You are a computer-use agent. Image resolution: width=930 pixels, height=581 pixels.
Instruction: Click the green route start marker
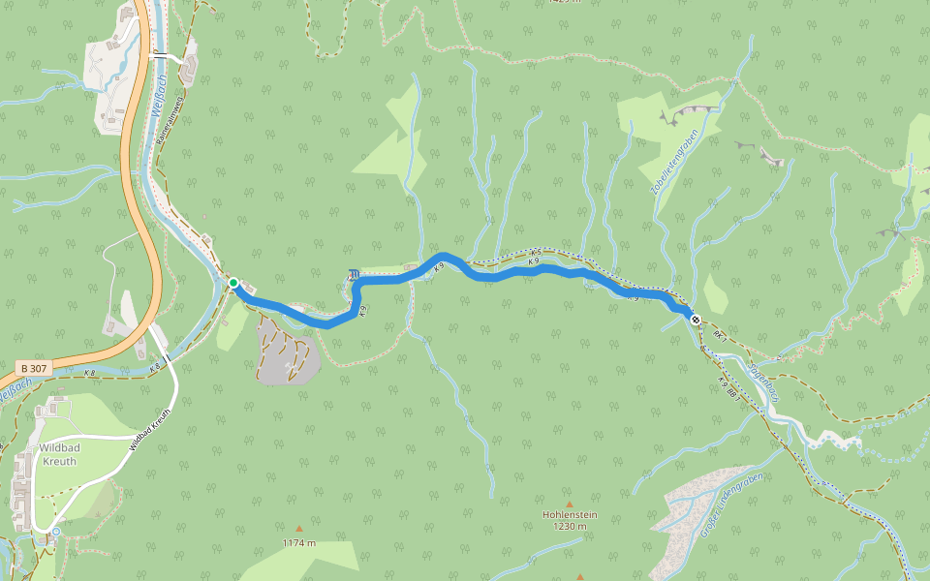233,283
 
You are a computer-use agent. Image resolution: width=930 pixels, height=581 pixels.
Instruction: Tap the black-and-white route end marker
696,319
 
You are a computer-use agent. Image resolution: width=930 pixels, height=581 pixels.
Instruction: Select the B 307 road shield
31,369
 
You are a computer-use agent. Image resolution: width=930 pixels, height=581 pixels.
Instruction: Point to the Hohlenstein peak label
570,514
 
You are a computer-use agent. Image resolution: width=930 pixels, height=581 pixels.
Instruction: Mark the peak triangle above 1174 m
298,529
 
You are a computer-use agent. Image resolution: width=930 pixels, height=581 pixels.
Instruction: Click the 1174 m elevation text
299,543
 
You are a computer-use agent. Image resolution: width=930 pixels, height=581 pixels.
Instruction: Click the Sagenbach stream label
764,381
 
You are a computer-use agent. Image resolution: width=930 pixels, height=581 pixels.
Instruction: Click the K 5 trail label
534,253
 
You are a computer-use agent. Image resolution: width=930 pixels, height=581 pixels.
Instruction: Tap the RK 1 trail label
719,335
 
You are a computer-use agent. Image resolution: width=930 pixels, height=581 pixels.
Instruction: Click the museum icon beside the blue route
354,276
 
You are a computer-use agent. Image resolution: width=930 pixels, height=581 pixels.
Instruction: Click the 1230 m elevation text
569,527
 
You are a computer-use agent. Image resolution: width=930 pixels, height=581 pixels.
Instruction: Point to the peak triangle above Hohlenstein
569,504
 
